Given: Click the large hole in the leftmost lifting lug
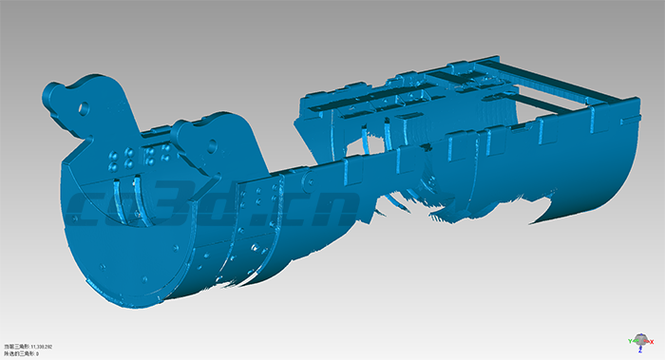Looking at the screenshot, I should [x=83, y=106].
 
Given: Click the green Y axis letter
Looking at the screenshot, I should [x=630, y=340].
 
